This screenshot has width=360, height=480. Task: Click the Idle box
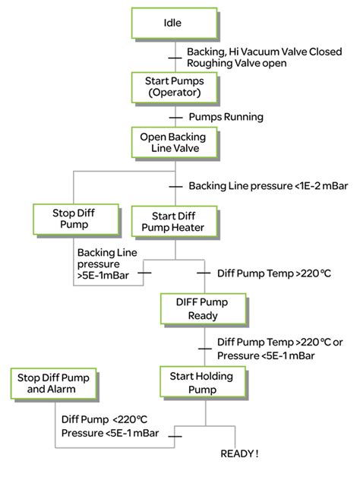click(x=174, y=24)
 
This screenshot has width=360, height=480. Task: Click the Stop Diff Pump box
click(x=75, y=219)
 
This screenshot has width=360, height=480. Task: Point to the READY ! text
click(x=239, y=453)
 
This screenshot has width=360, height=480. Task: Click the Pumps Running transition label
click(x=226, y=117)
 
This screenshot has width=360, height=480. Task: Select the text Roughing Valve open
click(x=236, y=64)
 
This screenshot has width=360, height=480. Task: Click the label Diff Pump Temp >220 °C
click(x=264, y=271)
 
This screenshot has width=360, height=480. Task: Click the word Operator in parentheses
click(x=174, y=94)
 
